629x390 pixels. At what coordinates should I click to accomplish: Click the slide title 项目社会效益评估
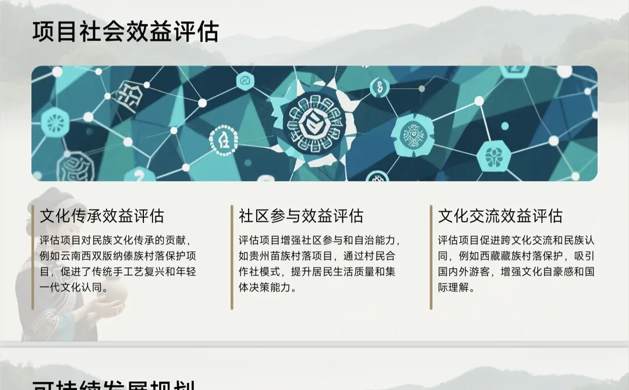(125, 31)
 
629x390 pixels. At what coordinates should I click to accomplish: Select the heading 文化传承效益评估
(102, 216)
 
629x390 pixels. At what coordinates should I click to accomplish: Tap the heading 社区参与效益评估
(301, 216)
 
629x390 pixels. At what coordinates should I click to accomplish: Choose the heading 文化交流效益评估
(500, 216)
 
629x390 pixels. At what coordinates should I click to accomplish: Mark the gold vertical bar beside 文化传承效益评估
(33, 257)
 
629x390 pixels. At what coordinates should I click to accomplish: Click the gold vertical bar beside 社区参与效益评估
(232, 257)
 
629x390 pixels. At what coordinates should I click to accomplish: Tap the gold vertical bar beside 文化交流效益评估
(431, 257)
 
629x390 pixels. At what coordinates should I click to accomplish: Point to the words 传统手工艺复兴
(132, 272)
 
